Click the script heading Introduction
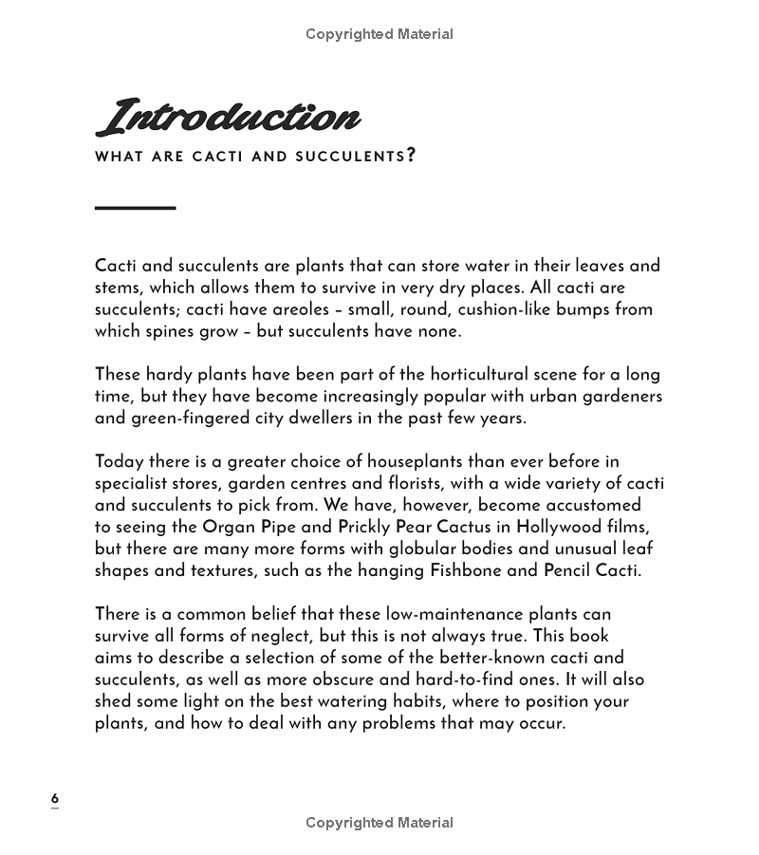click(x=228, y=118)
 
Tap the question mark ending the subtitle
click(x=411, y=155)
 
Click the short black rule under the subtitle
click(x=135, y=207)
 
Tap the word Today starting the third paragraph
click(x=119, y=462)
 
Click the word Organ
click(x=228, y=528)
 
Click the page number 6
click(x=55, y=798)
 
